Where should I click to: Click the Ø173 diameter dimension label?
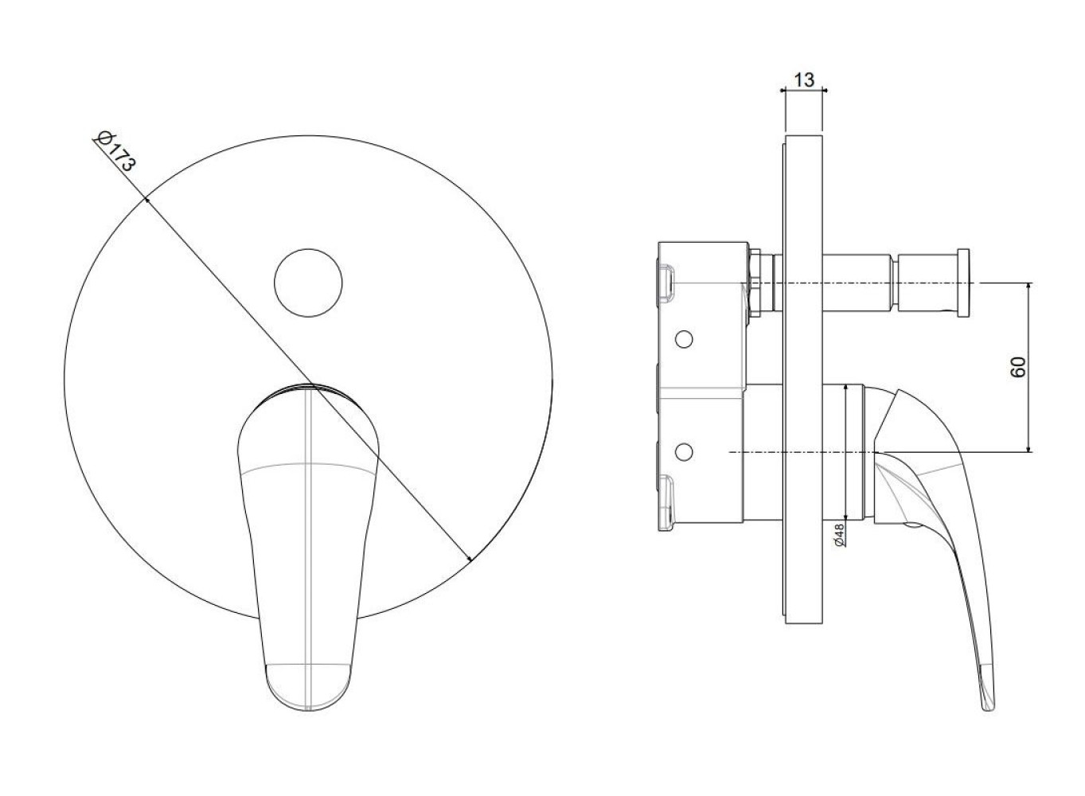pyautogui.click(x=115, y=151)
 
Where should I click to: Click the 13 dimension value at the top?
pyautogui.click(x=804, y=80)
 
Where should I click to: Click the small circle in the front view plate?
pyautogui.click(x=308, y=283)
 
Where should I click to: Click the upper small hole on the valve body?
pyautogui.click(x=684, y=339)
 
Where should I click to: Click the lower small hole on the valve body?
pyautogui.click(x=684, y=451)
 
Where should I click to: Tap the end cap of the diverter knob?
pyautogui.click(x=963, y=283)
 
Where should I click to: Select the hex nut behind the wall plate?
pyautogui.click(x=755, y=283)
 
